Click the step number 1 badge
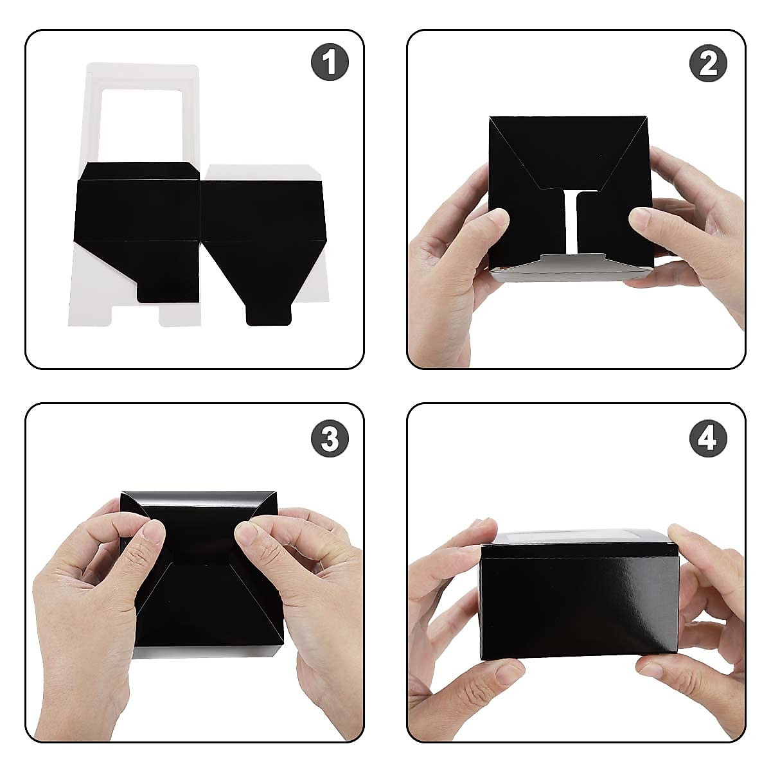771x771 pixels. point(330,62)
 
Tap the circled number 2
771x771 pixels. point(708,62)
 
